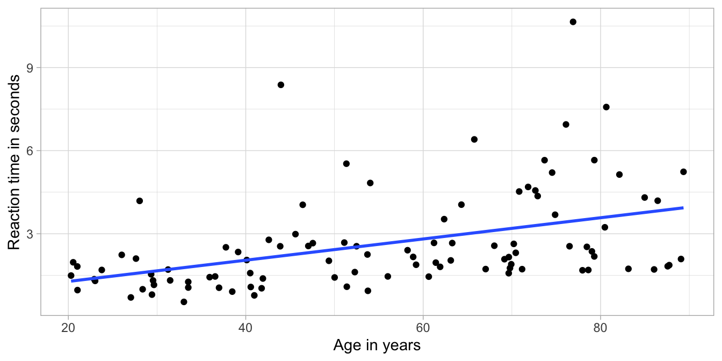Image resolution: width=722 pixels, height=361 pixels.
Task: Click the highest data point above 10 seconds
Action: (573, 22)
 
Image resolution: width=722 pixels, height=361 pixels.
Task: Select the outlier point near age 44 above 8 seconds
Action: (280, 85)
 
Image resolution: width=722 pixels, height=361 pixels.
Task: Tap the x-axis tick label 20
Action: (68, 327)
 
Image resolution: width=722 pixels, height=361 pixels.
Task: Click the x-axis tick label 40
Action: (246, 327)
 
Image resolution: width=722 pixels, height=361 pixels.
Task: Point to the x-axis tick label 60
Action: (423, 327)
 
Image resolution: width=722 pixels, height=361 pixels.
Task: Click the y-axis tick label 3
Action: (30, 234)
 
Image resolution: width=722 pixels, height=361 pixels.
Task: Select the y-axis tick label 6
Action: (30, 151)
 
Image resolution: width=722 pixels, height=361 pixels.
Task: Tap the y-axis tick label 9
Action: (30, 68)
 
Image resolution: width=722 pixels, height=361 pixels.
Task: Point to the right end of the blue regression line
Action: (683, 207)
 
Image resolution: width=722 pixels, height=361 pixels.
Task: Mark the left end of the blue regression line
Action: (71, 280)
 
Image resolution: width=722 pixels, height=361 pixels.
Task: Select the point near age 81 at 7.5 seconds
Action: (606, 107)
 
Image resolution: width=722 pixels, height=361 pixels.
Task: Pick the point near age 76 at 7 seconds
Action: (566, 125)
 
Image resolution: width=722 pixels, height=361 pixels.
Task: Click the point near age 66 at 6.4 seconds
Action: (474, 140)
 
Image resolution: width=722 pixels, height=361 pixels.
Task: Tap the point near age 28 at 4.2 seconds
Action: (139, 201)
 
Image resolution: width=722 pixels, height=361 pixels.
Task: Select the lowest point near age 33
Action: (184, 302)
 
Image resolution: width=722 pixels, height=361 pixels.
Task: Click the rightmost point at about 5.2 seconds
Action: (683, 172)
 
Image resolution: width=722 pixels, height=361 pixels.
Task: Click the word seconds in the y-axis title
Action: (15, 102)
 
